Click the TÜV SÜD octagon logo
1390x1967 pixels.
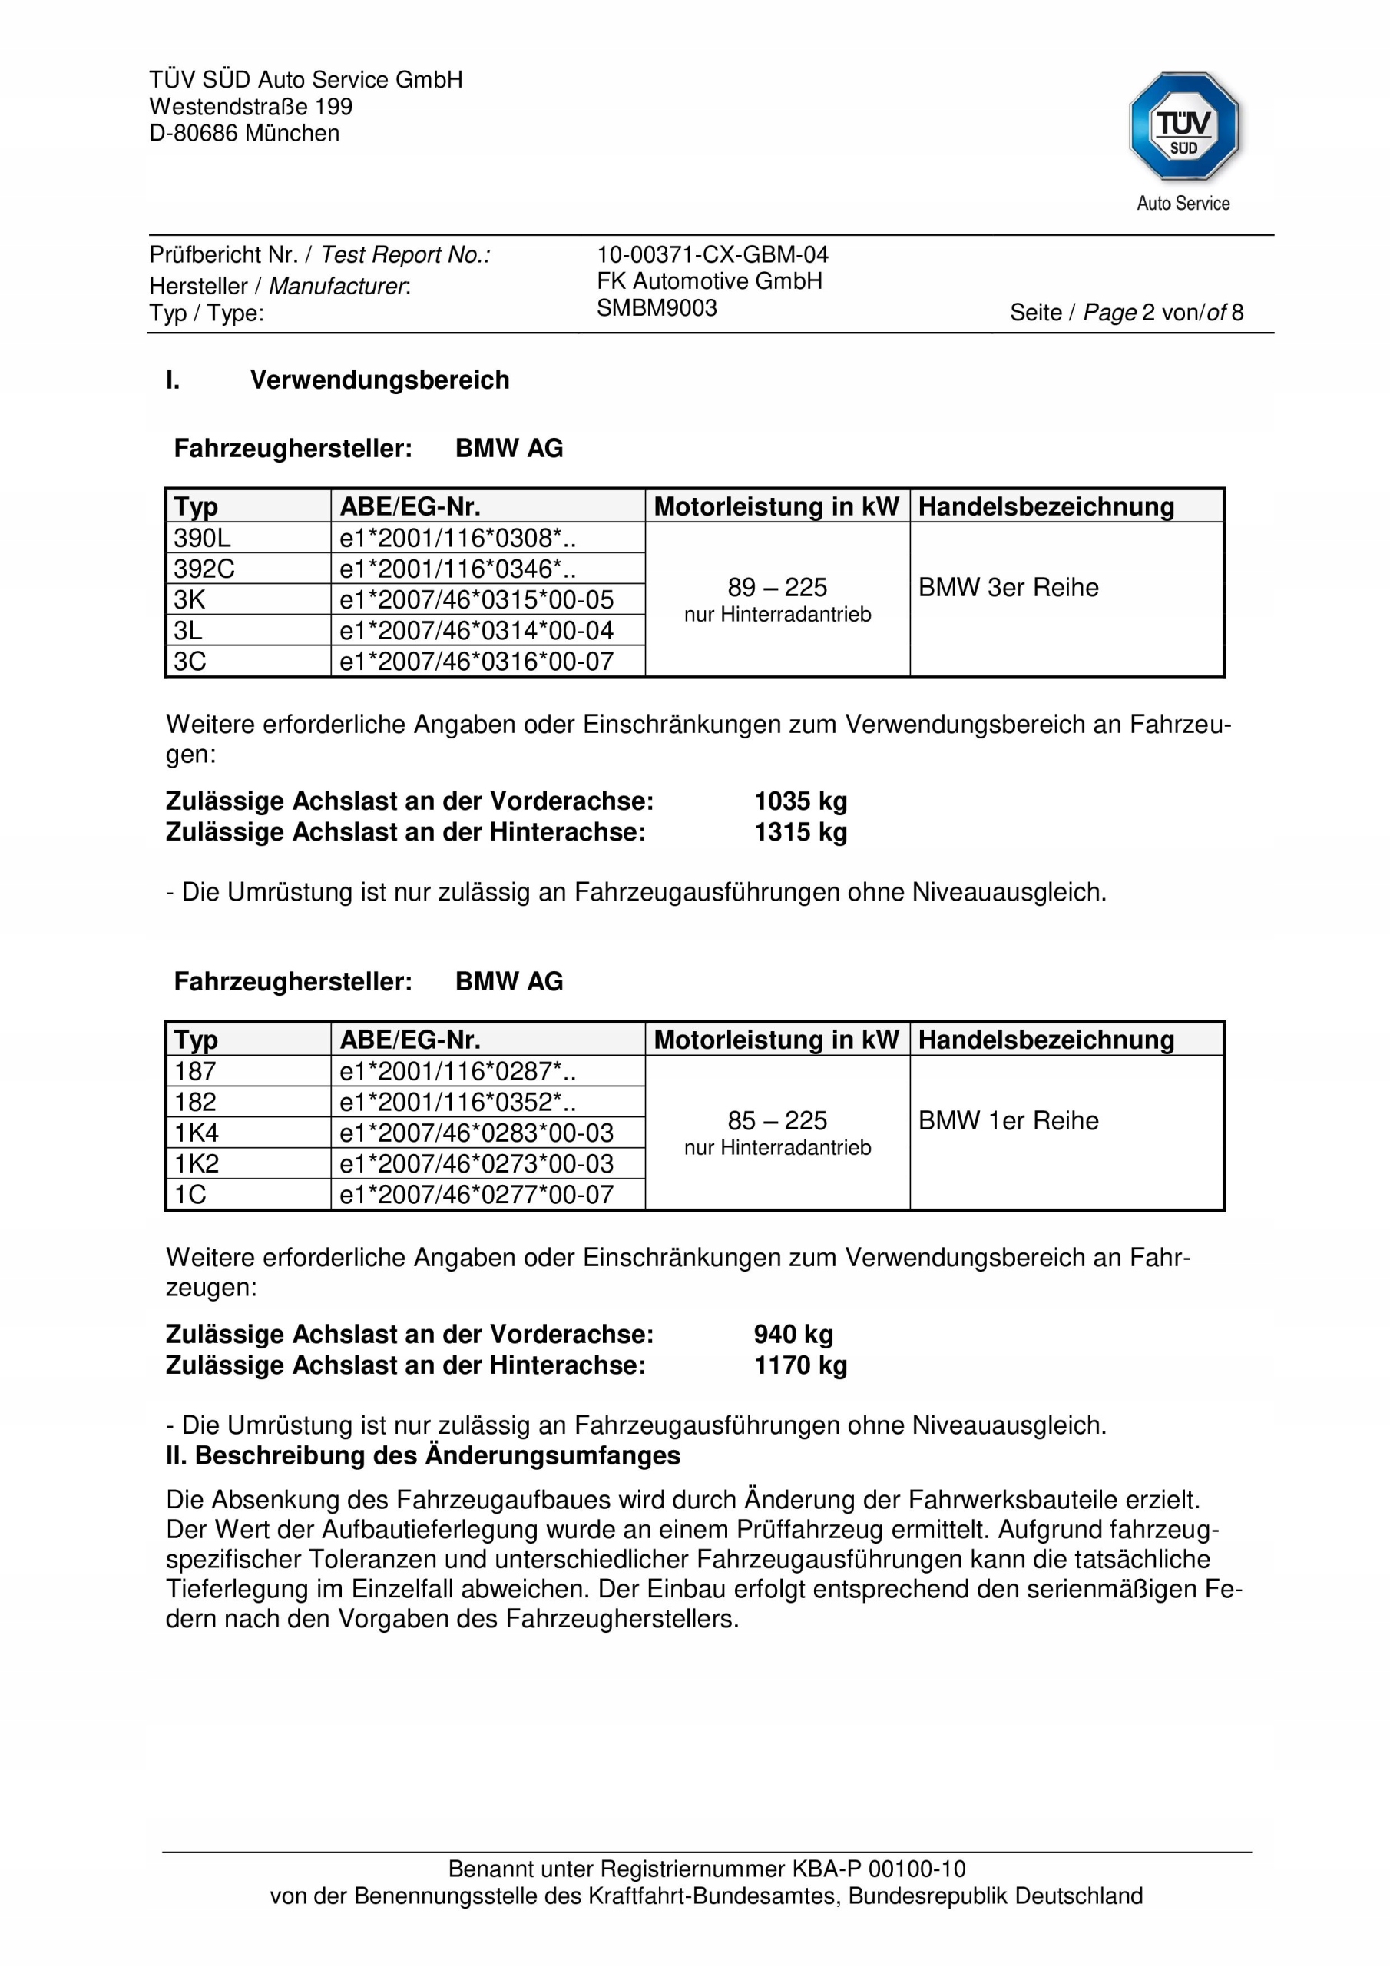tap(1183, 127)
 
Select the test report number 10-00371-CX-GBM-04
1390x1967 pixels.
tap(712, 254)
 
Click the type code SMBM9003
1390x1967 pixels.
tap(656, 308)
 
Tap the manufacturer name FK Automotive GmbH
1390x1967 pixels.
tap(709, 281)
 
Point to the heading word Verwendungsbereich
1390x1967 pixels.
tap(379, 380)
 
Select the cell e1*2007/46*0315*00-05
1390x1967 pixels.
tap(476, 599)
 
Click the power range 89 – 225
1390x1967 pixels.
tap(777, 588)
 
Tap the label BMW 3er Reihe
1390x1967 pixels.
tap(1008, 588)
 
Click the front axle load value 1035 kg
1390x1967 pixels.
tap(800, 801)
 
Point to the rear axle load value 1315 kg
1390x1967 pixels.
tap(800, 832)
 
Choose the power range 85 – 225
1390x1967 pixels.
tap(777, 1120)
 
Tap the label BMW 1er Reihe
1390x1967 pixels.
tap(1008, 1120)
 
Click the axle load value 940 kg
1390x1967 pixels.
tap(793, 1334)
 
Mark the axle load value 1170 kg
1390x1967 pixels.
tap(800, 1365)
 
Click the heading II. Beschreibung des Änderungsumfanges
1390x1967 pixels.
tap(423, 1455)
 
